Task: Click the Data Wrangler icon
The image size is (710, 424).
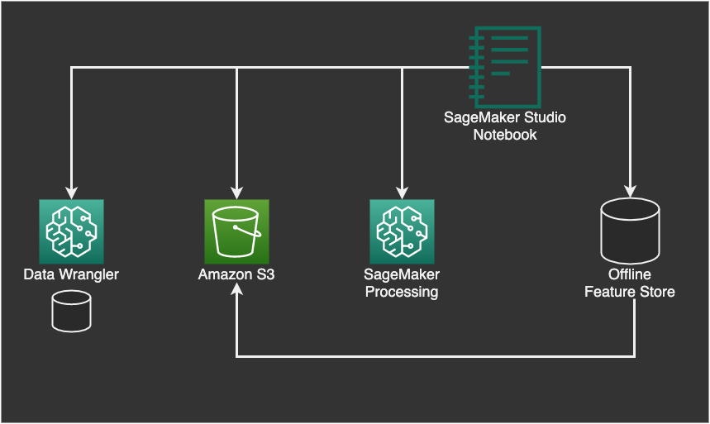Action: (x=72, y=231)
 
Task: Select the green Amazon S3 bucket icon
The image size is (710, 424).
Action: (x=237, y=231)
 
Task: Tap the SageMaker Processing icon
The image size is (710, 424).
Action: (x=402, y=231)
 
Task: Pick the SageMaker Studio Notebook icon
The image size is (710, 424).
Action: (x=505, y=67)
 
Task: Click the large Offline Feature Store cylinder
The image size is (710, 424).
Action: (x=630, y=231)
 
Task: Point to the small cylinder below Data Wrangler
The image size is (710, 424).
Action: (x=72, y=312)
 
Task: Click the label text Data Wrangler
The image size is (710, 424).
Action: (x=71, y=274)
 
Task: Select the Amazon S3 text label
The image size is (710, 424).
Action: (x=236, y=274)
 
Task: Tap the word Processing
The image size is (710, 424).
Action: (x=402, y=293)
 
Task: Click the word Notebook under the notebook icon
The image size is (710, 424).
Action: (x=505, y=135)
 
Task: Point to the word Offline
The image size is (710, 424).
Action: (x=630, y=274)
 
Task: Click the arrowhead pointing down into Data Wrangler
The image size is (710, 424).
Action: (x=72, y=193)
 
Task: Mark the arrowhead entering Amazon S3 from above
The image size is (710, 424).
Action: (x=237, y=193)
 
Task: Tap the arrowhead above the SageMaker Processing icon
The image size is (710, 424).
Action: (x=402, y=193)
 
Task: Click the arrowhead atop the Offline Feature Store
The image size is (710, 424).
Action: (x=631, y=191)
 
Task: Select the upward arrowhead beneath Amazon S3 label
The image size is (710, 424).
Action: (x=237, y=289)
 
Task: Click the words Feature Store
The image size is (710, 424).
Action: (x=630, y=292)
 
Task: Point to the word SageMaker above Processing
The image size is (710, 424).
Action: (x=402, y=274)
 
